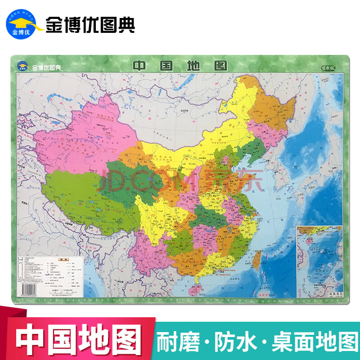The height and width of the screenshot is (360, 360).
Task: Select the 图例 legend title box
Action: coord(65,259)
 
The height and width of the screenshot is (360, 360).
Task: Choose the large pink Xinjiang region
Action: coord(85,135)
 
